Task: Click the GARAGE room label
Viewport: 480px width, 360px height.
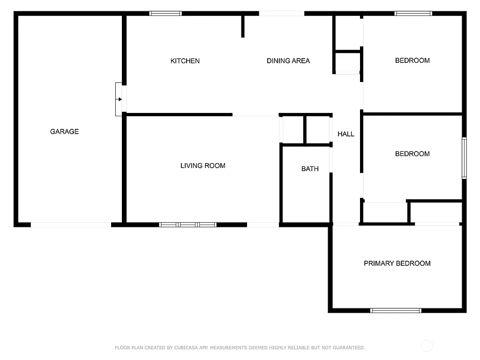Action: click(64, 132)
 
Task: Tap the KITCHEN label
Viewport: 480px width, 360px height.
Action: click(185, 61)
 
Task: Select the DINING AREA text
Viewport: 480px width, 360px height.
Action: click(288, 61)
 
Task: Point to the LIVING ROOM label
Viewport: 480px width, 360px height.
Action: click(202, 166)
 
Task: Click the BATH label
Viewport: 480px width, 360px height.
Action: click(310, 169)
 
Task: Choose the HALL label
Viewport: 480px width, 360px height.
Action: click(346, 134)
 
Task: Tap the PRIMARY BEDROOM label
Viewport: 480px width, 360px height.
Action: click(397, 263)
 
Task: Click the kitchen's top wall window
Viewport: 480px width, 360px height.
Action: click(165, 14)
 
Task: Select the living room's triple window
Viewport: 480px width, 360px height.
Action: click(187, 225)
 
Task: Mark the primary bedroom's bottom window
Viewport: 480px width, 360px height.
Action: click(396, 310)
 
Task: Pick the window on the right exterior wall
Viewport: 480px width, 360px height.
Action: click(464, 158)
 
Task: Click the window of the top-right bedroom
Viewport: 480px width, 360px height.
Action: click(413, 14)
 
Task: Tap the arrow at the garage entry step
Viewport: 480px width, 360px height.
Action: click(120, 99)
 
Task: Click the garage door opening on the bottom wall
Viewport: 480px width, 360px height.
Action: click(71, 225)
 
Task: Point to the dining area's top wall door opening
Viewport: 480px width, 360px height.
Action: click(282, 14)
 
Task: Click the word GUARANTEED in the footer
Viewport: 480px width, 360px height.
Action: click(348, 348)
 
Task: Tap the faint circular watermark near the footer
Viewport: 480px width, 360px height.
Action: click(427, 346)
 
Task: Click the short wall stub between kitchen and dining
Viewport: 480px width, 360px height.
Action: click(243, 26)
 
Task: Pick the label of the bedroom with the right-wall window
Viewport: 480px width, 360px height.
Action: click(412, 154)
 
